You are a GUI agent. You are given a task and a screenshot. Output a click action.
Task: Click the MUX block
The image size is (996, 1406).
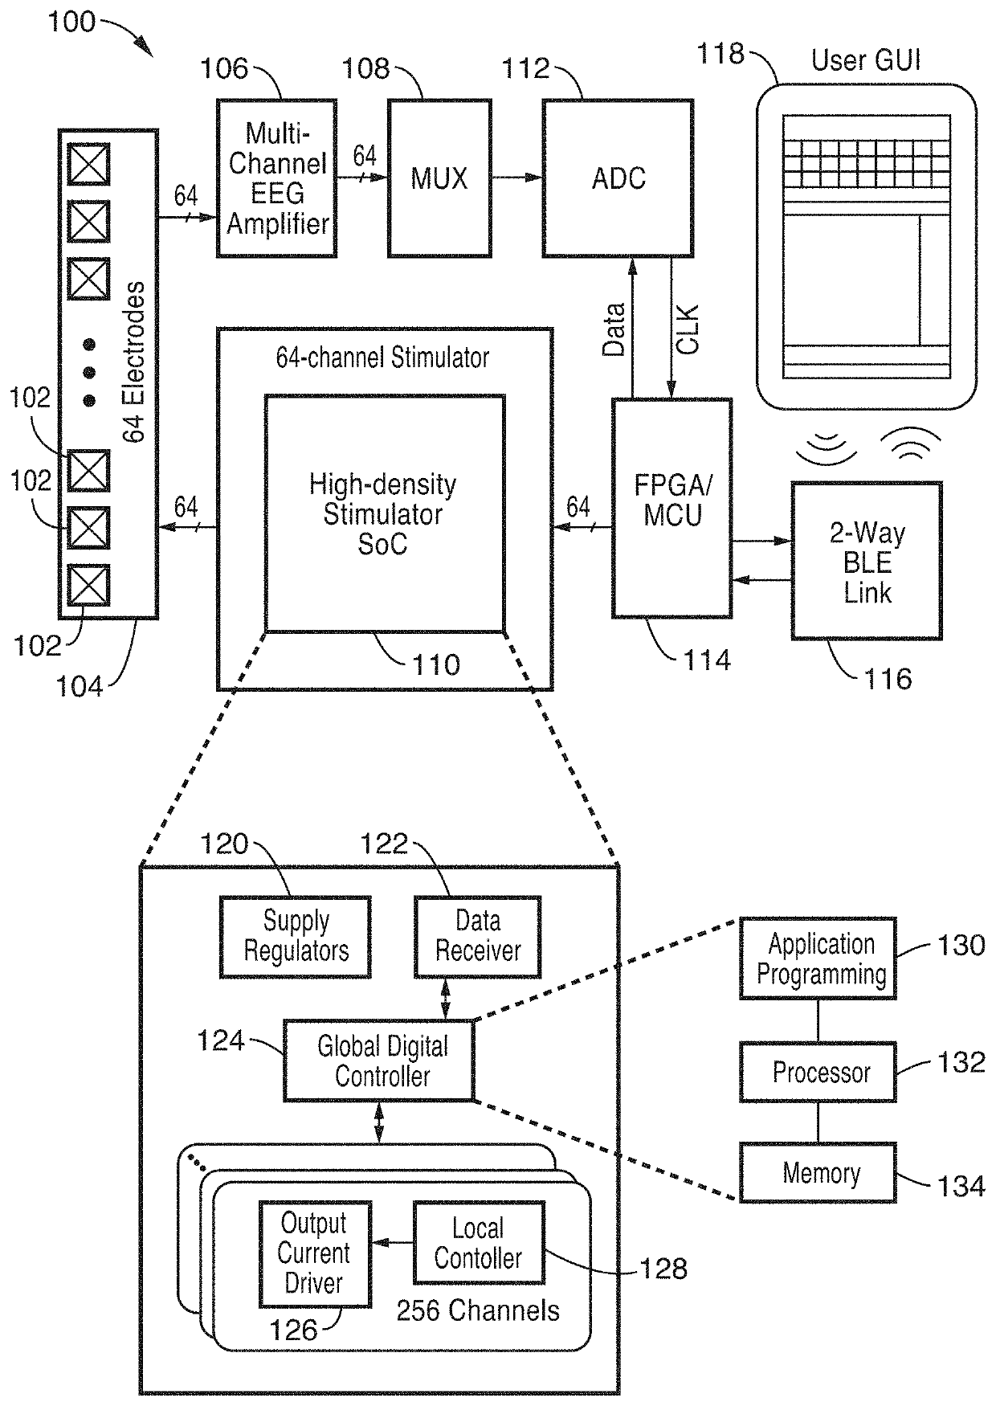pos(439,178)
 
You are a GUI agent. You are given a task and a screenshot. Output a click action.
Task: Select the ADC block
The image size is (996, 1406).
pos(618,178)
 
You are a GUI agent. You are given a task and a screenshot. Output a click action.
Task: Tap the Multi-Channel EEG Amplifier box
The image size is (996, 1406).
pos(277,178)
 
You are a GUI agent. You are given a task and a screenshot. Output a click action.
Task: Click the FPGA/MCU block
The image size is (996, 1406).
pos(672,508)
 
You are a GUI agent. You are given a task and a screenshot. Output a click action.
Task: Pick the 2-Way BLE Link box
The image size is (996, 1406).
pos(867,561)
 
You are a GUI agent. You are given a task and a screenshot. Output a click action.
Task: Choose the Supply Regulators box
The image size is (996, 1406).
pos(296,937)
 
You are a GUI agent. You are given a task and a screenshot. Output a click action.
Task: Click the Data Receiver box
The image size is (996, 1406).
pos(478,937)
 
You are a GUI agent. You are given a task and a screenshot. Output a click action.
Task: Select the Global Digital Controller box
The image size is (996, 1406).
pos(379,1061)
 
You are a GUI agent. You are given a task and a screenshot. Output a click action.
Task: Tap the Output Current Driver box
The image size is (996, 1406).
pos(315,1254)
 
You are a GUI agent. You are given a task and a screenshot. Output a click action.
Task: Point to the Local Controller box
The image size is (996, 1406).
pos(479,1243)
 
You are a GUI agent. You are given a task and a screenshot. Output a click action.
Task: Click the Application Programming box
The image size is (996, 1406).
pos(818,958)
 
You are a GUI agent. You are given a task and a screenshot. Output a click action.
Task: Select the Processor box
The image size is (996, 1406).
pos(818,1073)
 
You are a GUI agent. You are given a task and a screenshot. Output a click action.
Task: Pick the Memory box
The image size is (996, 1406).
pos(818,1173)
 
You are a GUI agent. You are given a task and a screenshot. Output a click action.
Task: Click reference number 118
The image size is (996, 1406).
pos(720,54)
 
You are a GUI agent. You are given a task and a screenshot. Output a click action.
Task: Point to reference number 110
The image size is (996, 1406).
pos(436,664)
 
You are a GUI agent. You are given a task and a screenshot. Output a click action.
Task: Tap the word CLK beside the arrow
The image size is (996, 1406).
pos(688,329)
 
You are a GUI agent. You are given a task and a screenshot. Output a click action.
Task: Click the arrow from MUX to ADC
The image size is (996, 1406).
pos(516,178)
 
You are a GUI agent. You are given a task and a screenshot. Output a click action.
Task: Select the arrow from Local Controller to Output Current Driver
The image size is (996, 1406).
pos(393,1243)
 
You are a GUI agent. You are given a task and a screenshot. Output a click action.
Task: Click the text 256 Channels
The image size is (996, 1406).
pos(478,1311)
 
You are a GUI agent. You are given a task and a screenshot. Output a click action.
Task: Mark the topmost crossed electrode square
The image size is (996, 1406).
pos(88,165)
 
